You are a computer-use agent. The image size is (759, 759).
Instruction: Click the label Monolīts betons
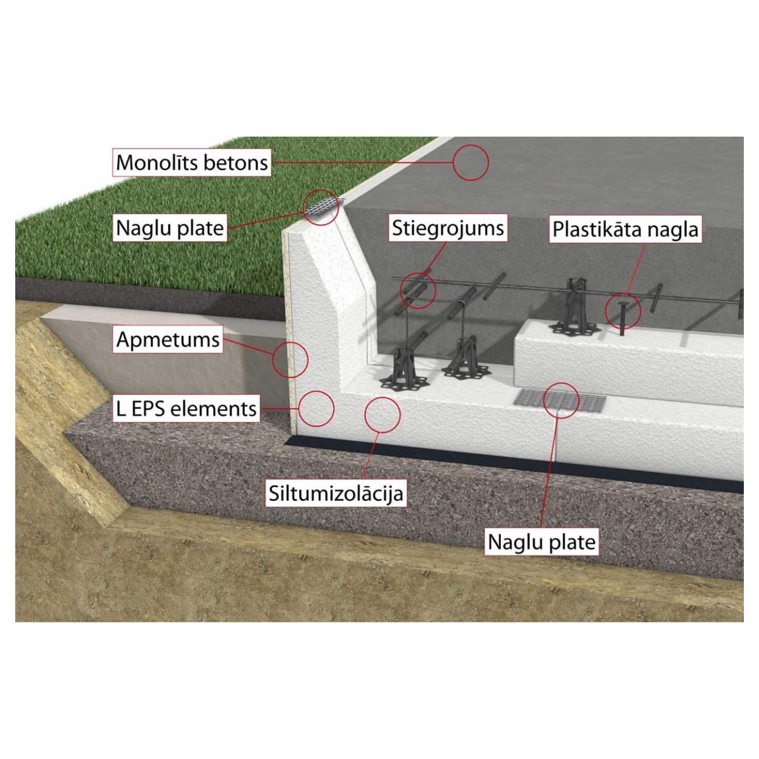click(x=192, y=163)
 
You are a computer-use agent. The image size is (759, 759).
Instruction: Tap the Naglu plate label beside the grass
click(x=170, y=228)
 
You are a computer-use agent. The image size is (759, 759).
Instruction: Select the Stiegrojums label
click(x=448, y=228)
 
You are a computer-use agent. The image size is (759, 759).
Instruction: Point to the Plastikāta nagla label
click(x=626, y=229)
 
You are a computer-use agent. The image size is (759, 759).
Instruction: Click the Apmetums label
click(x=168, y=340)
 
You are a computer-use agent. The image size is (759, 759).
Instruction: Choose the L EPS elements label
click(x=187, y=408)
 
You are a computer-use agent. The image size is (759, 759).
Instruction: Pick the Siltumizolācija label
click(x=336, y=493)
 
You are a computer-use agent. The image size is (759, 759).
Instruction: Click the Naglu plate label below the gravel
click(x=542, y=542)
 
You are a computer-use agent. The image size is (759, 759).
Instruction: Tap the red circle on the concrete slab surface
click(x=471, y=163)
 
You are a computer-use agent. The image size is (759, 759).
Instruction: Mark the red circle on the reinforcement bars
click(x=418, y=290)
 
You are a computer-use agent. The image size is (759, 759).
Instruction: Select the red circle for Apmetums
click(x=290, y=359)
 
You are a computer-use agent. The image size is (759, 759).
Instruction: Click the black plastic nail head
click(x=623, y=305)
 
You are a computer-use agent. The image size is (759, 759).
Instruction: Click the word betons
click(x=237, y=163)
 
